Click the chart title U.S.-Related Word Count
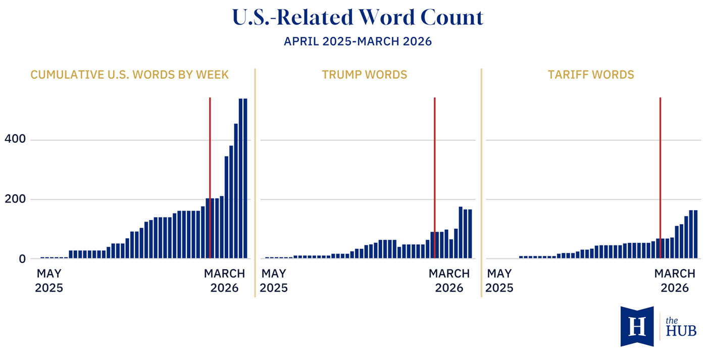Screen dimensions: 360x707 [358, 18]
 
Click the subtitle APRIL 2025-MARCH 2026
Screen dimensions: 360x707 [358, 41]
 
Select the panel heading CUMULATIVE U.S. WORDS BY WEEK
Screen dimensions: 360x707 [130, 75]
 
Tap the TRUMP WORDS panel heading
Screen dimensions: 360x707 [364, 75]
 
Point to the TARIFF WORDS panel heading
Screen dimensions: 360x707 [591, 75]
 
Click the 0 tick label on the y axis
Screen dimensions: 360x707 [21, 259]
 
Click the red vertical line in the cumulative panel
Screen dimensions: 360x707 [210, 151]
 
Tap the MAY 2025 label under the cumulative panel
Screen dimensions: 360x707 [49, 281]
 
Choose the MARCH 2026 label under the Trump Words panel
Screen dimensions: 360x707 [449, 281]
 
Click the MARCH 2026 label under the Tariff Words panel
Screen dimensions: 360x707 [675, 281]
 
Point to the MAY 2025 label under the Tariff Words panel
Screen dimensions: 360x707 [500, 281]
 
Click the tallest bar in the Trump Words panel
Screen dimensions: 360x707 [461, 232]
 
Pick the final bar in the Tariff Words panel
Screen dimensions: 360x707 [695, 234]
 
